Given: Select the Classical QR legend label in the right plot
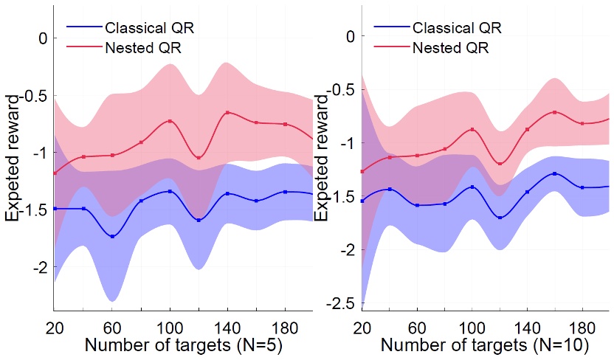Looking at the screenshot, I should point(458,29).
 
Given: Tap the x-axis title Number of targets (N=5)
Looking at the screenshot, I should point(178,345).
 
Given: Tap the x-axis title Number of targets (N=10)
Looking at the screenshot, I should point(486,345).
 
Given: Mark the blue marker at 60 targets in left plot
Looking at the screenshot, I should point(112,236).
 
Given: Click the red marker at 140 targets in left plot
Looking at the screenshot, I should point(227,113).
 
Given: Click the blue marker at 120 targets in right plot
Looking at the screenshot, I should point(500,218).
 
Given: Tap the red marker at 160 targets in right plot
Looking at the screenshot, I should point(555,112).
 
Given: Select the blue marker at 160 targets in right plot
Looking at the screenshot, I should point(555,173).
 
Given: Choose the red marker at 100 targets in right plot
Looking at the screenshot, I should point(472,130).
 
